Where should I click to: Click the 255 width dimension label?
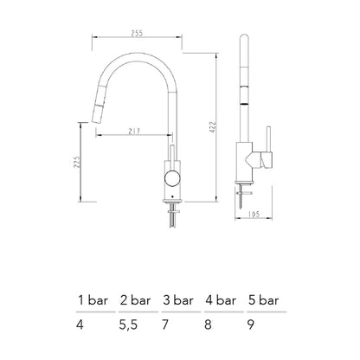(137, 33)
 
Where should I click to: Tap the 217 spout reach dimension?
(134, 132)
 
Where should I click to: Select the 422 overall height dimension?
(213, 127)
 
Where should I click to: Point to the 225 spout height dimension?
(77, 163)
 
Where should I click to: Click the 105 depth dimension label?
(254, 215)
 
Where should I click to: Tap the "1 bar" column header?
(93, 300)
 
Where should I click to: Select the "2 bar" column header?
(135, 300)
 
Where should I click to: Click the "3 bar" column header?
(178, 300)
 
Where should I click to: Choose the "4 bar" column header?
(221, 300)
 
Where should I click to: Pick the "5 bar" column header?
(263, 300)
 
